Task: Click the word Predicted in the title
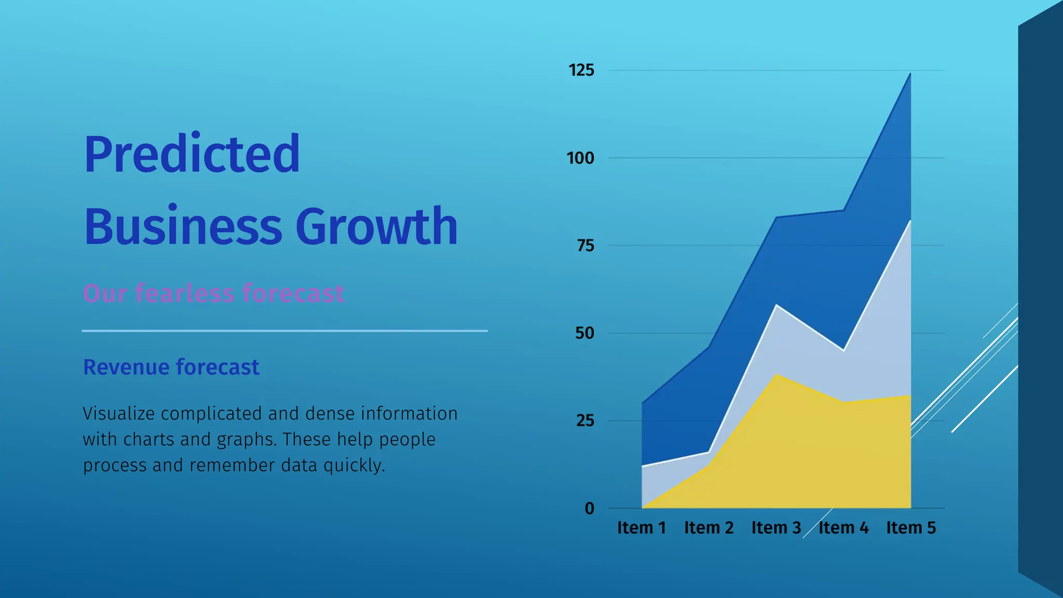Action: (x=192, y=154)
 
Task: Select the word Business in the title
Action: (x=183, y=227)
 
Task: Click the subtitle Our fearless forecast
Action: (x=213, y=293)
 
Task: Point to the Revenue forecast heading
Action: (x=171, y=367)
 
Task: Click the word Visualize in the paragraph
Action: (x=119, y=414)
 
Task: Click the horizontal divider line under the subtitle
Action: (x=284, y=331)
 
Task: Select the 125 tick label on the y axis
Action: (x=581, y=70)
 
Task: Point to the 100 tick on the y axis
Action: (x=580, y=158)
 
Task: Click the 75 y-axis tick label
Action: (x=585, y=246)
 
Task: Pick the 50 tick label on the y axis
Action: (x=584, y=333)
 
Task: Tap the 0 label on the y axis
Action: (x=589, y=508)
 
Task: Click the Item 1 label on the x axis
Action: (x=642, y=527)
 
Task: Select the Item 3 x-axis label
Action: (x=776, y=527)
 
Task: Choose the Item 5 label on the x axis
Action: (x=911, y=527)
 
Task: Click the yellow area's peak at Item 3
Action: (x=776, y=375)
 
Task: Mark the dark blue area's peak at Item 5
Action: (x=910, y=75)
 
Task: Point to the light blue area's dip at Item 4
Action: (x=843, y=350)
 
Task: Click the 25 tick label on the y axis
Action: (x=584, y=420)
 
